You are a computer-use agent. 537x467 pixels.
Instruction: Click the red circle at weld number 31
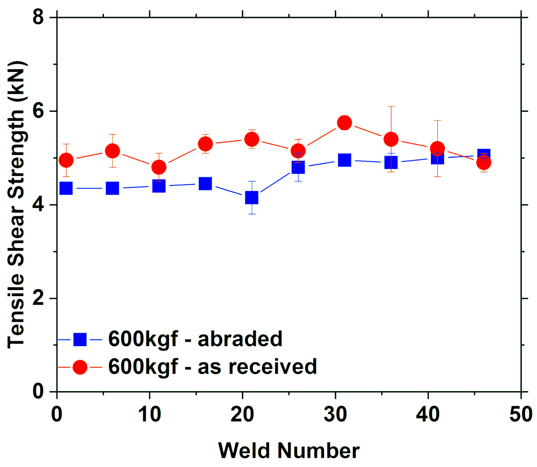[344, 123]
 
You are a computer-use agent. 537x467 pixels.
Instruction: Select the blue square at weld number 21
[252, 198]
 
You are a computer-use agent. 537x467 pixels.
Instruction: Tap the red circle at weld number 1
[66, 160]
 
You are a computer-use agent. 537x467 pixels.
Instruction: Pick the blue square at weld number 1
[66, 188]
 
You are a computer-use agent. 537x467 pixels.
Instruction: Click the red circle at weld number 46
[484, 163]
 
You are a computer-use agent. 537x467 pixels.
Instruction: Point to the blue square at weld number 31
[344, 160]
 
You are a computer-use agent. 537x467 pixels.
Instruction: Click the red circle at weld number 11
[159, 167]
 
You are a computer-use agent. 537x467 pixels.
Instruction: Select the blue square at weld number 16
[205, 183]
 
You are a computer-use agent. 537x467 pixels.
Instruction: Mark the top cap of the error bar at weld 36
[391, 107]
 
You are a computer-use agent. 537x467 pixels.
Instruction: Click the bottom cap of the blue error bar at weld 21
[252, 214]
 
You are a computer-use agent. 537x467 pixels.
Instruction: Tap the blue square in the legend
[80, 340]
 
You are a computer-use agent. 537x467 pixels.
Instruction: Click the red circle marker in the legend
[80, 367]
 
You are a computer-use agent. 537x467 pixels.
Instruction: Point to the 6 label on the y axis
[38, 111]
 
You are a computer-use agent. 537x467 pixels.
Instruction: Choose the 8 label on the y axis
[38, 17]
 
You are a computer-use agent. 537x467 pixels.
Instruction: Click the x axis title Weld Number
[289, 451]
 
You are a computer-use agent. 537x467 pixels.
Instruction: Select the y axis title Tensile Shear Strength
[17, 205]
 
